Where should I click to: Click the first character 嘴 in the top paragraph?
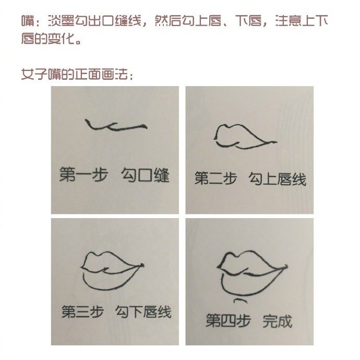(28, 21)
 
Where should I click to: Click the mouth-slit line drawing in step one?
(115, 125)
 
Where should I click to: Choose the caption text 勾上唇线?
(277, 179)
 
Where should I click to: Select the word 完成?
(277, 320)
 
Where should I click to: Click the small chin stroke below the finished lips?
(241, 301)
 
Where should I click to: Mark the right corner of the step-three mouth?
(142, 266)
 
